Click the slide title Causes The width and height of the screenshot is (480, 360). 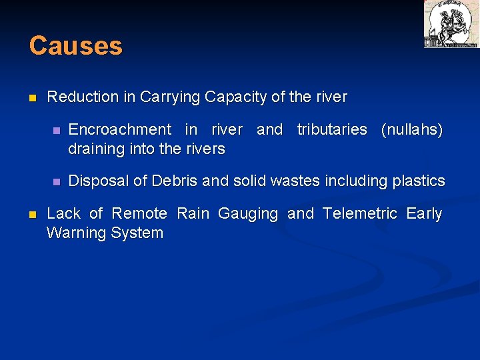tap(75, 46)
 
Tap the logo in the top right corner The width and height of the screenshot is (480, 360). tap(451, 24)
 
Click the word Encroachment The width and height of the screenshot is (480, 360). tap(120, 129)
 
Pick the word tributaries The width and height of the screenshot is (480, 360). tap(332, 129)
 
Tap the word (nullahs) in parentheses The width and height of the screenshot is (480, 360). tap(411, 129)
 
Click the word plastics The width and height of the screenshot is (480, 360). tap(419, 181)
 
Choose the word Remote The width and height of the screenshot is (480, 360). tap(139, 214)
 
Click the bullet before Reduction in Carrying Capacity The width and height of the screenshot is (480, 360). tap(32, 98)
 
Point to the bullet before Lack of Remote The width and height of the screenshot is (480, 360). tap(32, 215)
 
